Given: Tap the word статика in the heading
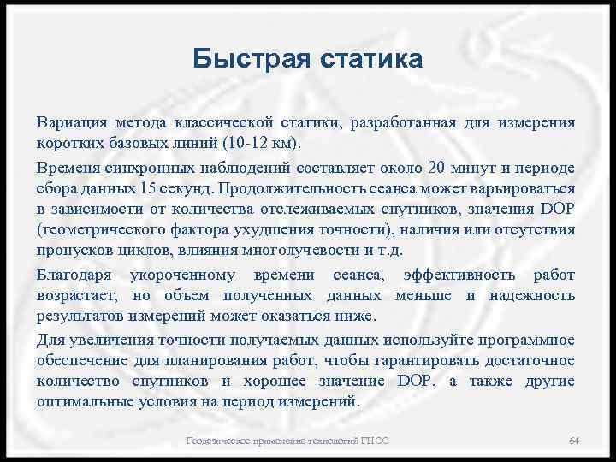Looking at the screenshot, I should point(370,59).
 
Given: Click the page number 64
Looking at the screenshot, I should point(575,440).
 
